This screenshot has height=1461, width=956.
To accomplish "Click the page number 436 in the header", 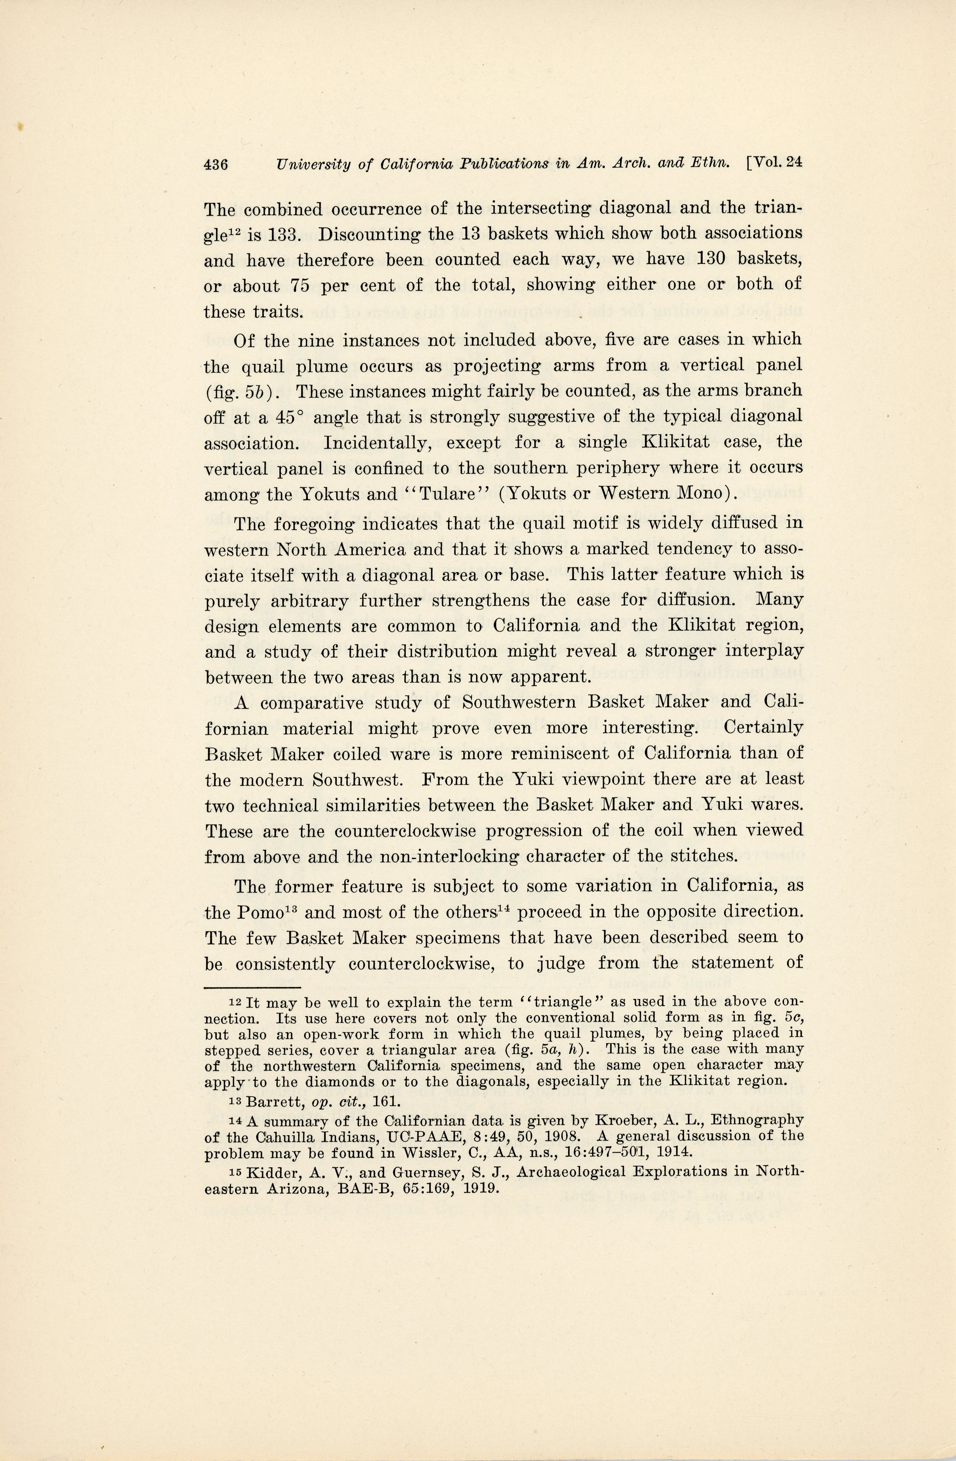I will (x=216, y=165).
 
